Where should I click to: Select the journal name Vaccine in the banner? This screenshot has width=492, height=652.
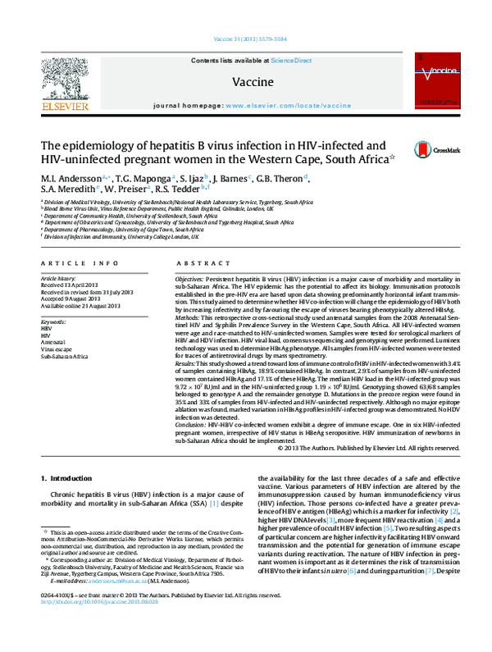point(246,83)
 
